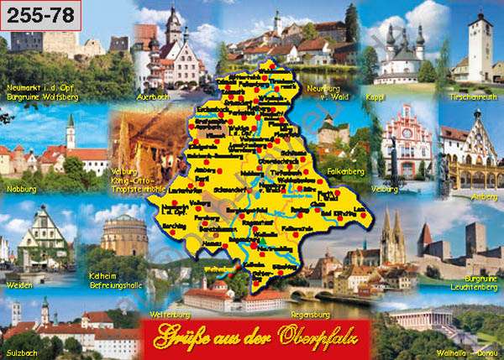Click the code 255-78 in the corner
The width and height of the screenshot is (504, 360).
pos(41,15)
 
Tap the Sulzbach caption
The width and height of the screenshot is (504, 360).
pos(24,347)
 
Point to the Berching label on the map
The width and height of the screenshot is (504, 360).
pos(198,227)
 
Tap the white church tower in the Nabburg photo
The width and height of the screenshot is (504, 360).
pos(71,132)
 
